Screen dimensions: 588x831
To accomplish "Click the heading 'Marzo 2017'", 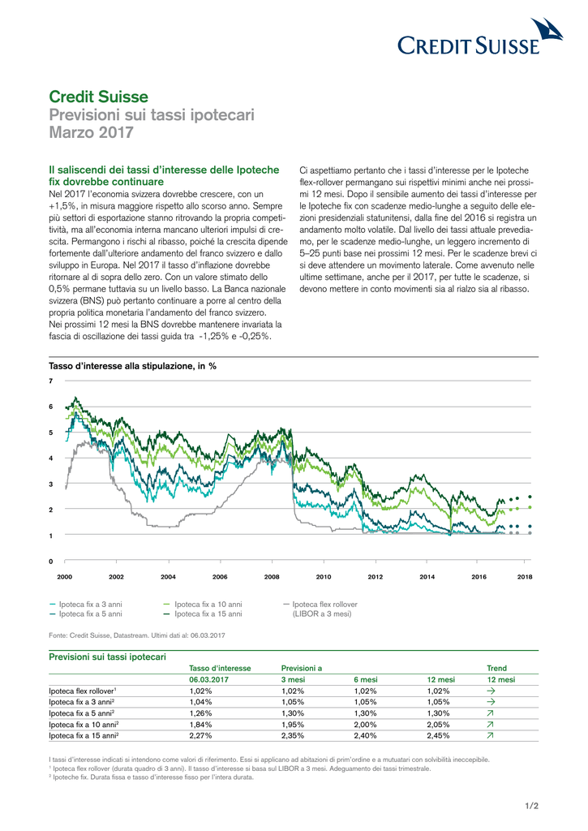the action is pos(91,132).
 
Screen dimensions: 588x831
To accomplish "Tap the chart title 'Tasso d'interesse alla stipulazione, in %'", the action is pos(132,366).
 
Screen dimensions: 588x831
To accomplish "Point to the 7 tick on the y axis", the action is pos(51,381).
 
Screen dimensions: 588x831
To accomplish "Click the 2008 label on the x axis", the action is pos(272,577).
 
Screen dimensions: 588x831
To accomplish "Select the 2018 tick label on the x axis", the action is pos(525,577).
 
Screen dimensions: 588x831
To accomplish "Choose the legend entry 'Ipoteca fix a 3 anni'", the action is pos(86,604).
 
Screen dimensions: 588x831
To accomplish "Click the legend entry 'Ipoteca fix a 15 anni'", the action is pos(203,614).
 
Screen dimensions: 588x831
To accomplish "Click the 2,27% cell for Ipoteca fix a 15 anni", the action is pos(200,735).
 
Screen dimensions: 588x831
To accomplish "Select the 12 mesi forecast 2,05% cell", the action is pos(438,725).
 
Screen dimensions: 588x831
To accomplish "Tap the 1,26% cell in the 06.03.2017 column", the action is pos(200,713).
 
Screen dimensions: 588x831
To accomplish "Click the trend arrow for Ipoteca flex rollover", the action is pos(491,691).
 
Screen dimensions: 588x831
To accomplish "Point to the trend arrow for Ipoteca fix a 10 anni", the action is pos(491,725).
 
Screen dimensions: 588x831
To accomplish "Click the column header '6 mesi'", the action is pos(366,679).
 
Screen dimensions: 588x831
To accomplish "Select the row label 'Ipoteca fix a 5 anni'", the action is pos(82,713).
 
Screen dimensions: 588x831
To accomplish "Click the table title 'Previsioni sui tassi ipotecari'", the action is pos(108,657).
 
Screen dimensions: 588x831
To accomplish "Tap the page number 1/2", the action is pos(532,806).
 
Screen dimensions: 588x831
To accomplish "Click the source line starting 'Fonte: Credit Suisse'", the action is pos(137,635).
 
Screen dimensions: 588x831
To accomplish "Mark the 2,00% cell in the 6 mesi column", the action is pos(366,725).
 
